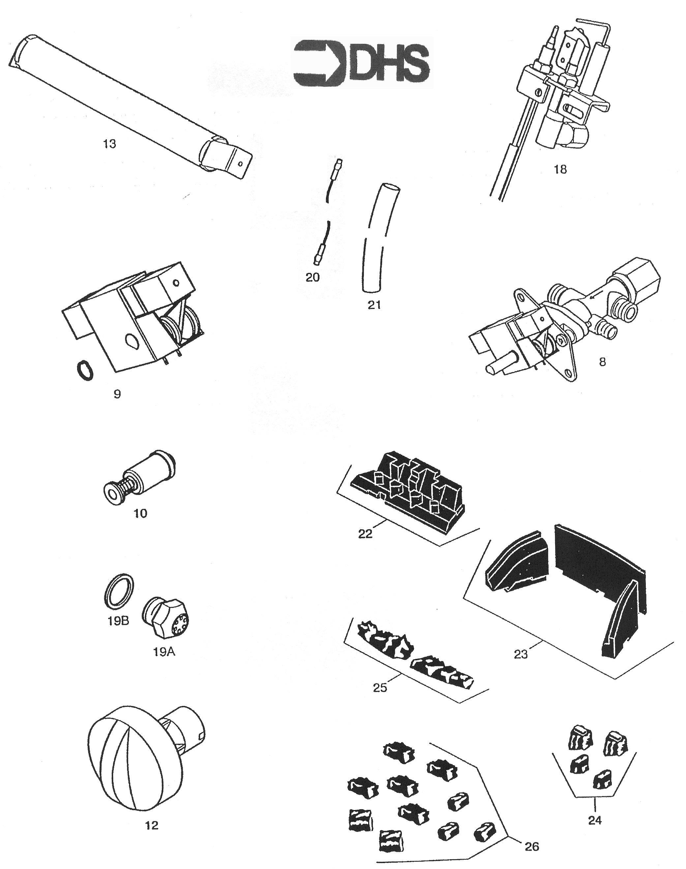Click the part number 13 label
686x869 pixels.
pos(110,144)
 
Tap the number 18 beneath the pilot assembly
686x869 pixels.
pos(560,169)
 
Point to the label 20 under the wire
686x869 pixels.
pos(313,277)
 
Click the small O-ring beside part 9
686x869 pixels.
pos(85,370)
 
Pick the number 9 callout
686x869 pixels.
pos(117,394)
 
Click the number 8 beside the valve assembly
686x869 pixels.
pos(602,362)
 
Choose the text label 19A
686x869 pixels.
pos(164,652)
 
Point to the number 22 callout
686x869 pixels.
pos(365,534)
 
